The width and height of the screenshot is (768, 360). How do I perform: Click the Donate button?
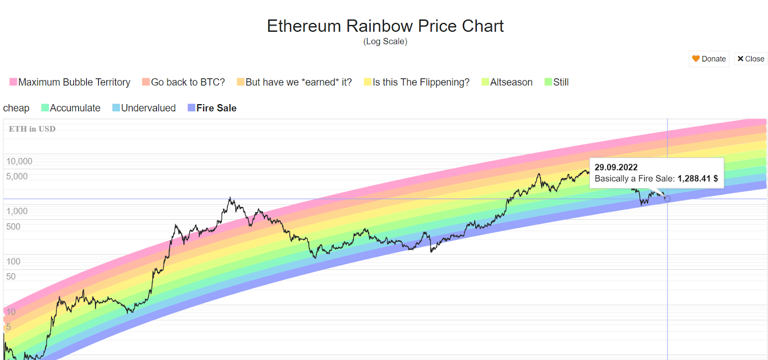[709, 59]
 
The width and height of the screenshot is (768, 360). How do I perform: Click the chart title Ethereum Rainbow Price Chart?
[385, 26]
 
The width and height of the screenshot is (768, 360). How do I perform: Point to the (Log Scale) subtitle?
[385, 41]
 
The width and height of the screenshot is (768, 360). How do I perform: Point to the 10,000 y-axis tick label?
[19, 161]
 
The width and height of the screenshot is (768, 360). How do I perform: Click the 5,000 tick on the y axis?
[17, 176]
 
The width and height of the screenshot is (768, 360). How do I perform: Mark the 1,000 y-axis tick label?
[17, 211]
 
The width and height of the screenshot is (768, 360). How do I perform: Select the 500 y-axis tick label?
[13, 227]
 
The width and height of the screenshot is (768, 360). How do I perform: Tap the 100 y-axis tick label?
[13, 262]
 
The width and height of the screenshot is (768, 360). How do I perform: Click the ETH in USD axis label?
[32, 129]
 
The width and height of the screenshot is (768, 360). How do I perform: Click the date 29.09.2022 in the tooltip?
[616, 167]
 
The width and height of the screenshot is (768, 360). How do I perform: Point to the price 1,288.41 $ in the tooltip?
[697, 179]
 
